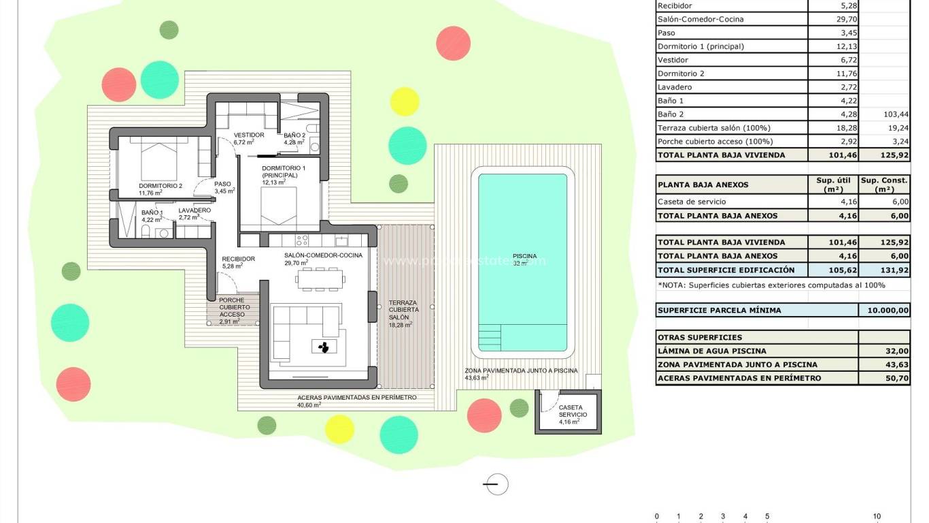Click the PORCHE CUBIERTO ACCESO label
[234, 311]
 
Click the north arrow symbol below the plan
[496, 484]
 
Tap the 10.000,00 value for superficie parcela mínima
[883, 311]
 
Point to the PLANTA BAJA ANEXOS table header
[703, 185]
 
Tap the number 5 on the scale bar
[767, 516]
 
